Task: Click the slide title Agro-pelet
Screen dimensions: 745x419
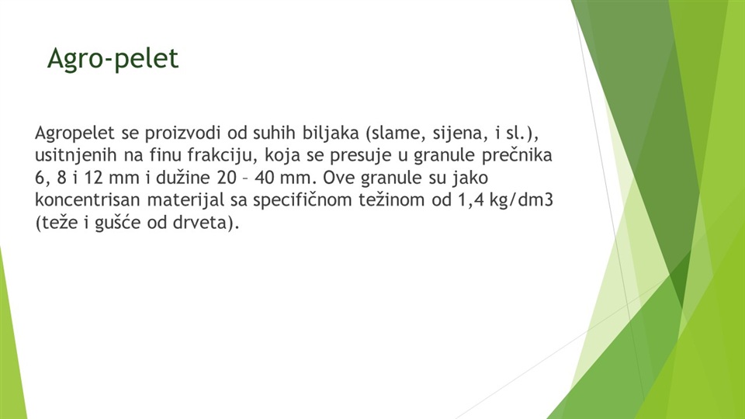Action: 113,59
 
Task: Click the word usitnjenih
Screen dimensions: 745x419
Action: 76,155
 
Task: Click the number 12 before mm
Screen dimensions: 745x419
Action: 94,178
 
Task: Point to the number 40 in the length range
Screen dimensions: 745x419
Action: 265,178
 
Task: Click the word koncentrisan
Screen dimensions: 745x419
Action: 87,200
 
